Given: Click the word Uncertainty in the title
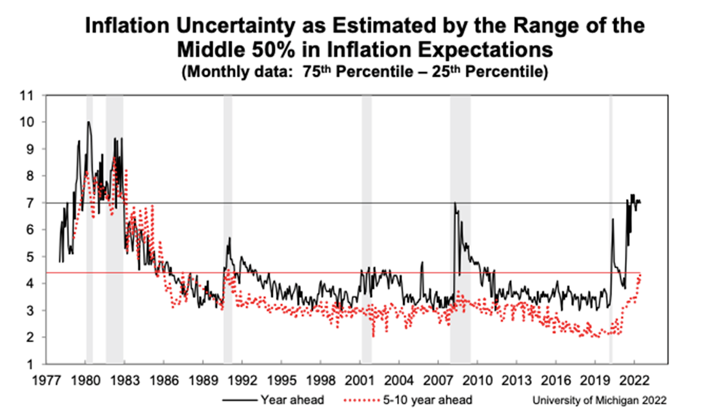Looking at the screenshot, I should pos(235,26).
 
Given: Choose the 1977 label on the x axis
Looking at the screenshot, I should pos(47,381).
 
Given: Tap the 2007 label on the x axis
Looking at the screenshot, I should pos(438,381).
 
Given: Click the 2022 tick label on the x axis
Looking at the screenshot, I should pos(634,381).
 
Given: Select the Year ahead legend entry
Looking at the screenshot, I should pos(273,400).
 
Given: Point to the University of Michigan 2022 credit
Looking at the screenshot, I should pos(599,400).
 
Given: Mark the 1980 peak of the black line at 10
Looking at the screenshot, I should pos(89,122).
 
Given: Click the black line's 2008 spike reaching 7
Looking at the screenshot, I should pos(455,203).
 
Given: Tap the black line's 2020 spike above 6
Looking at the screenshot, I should pos(613,219).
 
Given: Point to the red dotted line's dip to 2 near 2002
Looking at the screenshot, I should pos(373,336).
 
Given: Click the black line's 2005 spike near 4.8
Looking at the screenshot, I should pos(422,262).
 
